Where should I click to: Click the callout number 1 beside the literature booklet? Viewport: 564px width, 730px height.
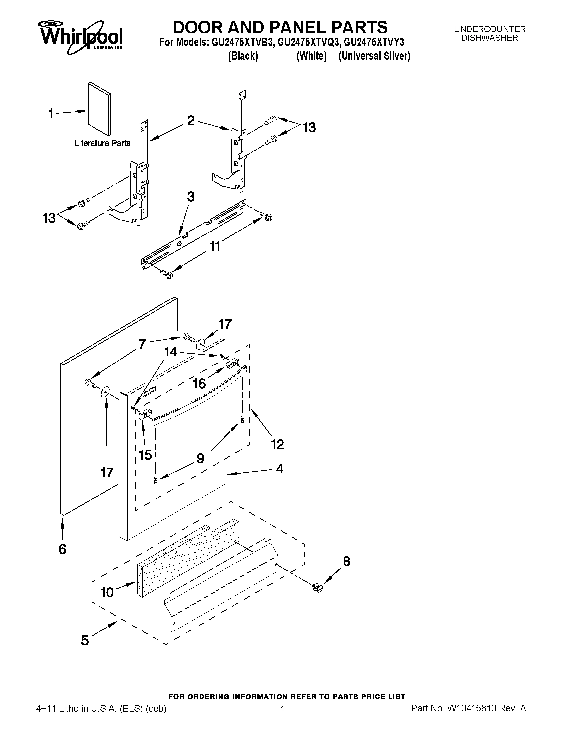pos(51,114)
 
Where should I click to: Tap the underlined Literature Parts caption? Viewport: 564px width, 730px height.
pos(102,143)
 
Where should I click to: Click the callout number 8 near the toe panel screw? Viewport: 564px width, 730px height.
pos(346,562)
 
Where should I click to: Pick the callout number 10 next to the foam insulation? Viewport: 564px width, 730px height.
pos(107,593)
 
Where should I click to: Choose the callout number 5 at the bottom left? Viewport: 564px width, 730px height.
pos(85,640)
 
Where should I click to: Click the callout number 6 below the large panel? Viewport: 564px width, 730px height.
pos(62,549)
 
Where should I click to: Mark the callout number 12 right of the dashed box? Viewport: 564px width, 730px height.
pos(277,444)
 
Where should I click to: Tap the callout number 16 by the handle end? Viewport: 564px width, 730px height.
pos(199,384)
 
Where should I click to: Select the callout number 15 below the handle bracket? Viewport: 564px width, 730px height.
pos(145,455)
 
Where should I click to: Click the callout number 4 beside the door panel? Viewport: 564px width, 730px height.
pos(280,469)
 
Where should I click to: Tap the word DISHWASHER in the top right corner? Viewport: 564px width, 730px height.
pos(489,38)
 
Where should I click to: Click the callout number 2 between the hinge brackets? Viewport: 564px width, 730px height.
pos(191,121)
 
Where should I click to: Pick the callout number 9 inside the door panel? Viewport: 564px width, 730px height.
pos(200,458)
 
